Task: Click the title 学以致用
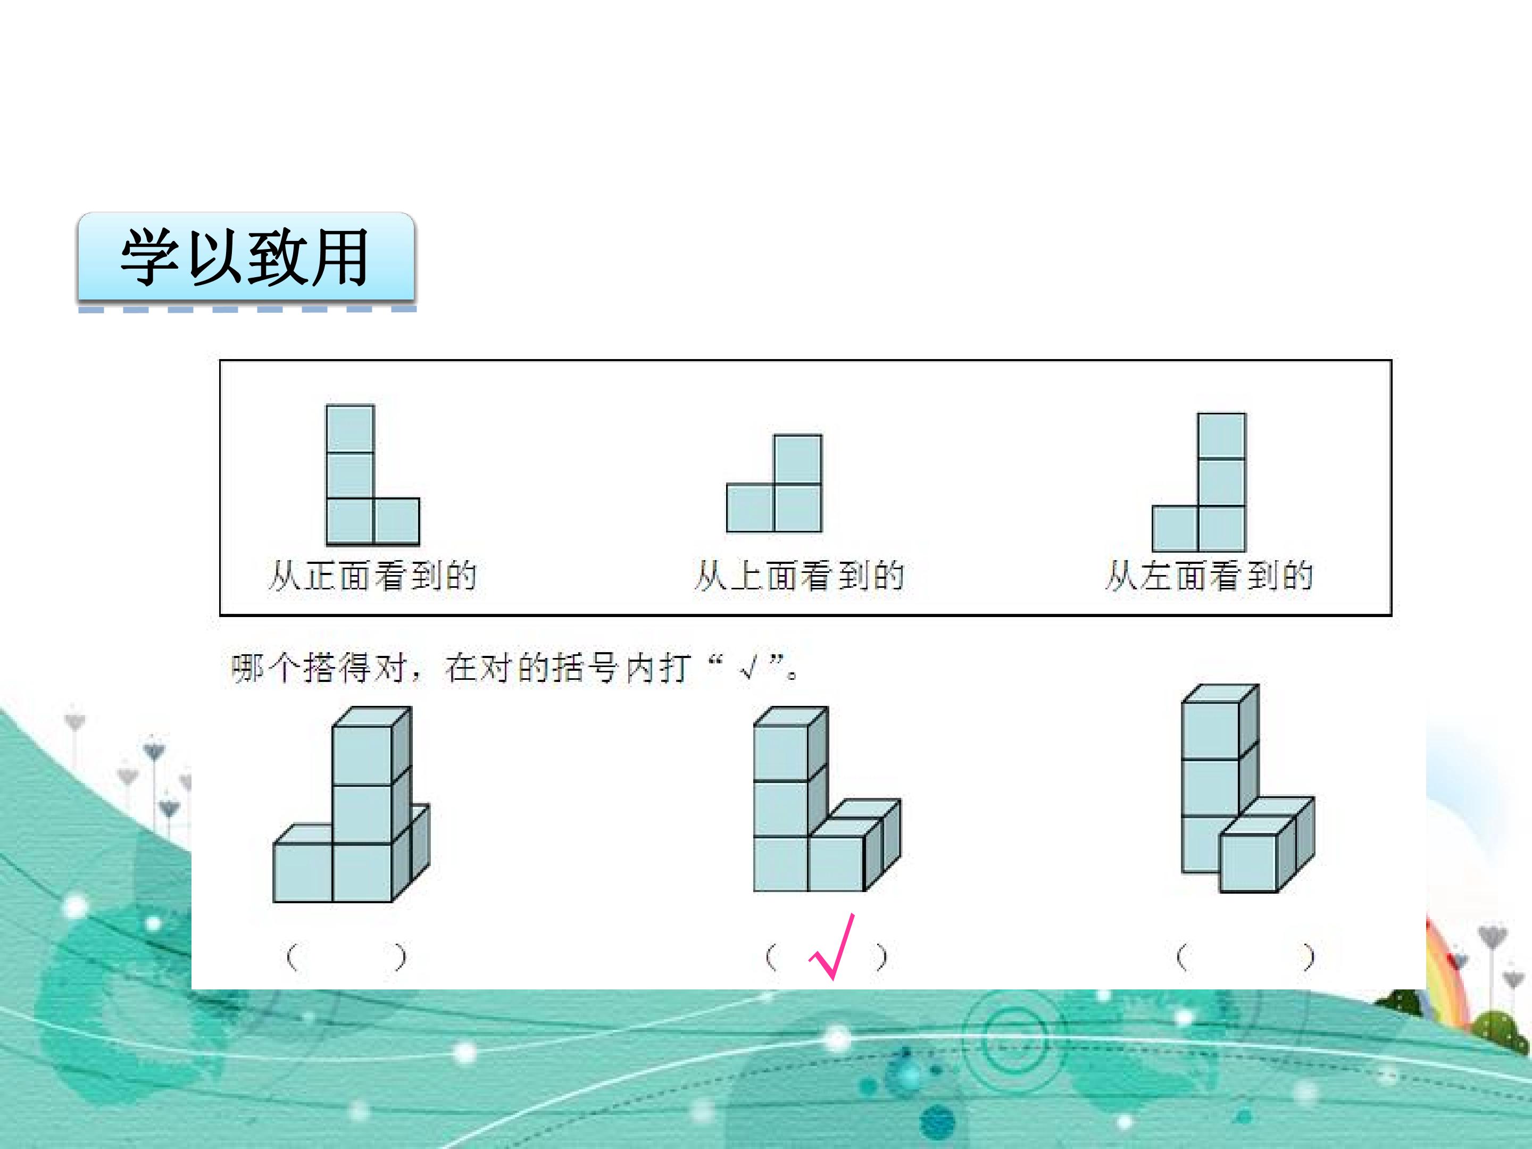pyautogui.click(x=245, y=257)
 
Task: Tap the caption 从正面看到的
pyautogui.click(x=372, y=576)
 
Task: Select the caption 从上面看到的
pyautogui.click(x=798, y=576)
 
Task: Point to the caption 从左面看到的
pyautogui.click(x=1209, y=576)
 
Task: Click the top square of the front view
pyautogui.click(x=350, y=429)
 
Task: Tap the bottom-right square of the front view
pyautogui.click(x=397, y=521)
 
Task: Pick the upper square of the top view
pyautogui.click(x=798, y=459)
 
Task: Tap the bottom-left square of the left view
pyautogui.click(x=1175, y=528)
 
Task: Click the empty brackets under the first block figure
pyautogui.click(x=346, y=957)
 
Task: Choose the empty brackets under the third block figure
pyautogui.click(x=1245, y=957)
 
